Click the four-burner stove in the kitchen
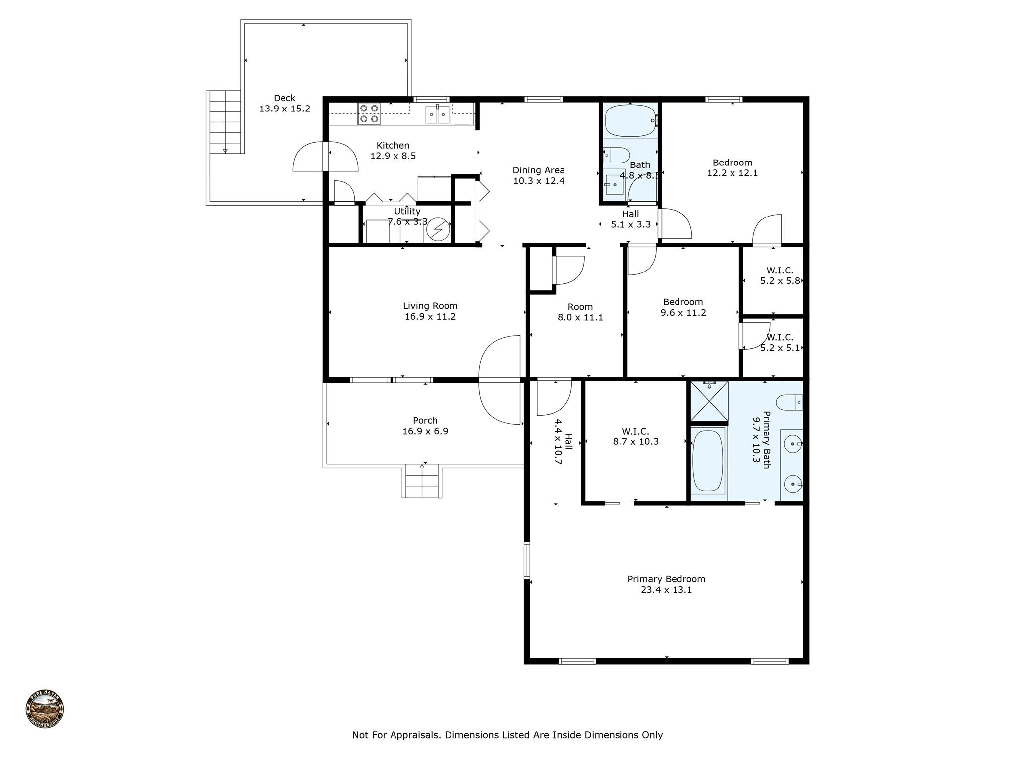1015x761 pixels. (x=369, y=113)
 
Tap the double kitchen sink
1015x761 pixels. (x=437, y=114)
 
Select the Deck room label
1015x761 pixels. (x=284, y=98)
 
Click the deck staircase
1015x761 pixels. (x=225, y=122)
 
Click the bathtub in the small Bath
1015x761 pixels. (x=630, y=120)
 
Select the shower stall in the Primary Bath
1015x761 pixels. (x=709, y=401)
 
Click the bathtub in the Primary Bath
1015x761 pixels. (x=708, y=460)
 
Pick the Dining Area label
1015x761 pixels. (x=539, y=170)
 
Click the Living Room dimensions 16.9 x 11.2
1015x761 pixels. (x=430, y=317)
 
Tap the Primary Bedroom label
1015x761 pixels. (x=666, y=579)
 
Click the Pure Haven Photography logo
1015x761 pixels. (x=45, y=709)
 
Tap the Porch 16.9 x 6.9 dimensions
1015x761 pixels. (x=425, y=431)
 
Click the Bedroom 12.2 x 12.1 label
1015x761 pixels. (x=733, y=168)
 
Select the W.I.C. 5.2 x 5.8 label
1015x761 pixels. (x=780, y=275)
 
